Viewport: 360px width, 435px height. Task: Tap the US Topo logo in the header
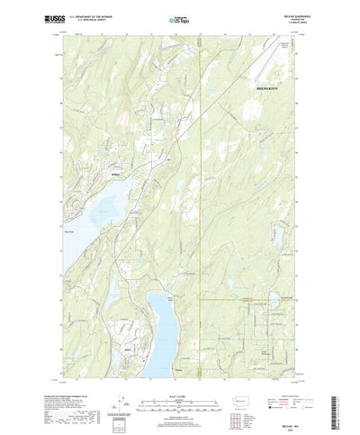click(x=179, y=17)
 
